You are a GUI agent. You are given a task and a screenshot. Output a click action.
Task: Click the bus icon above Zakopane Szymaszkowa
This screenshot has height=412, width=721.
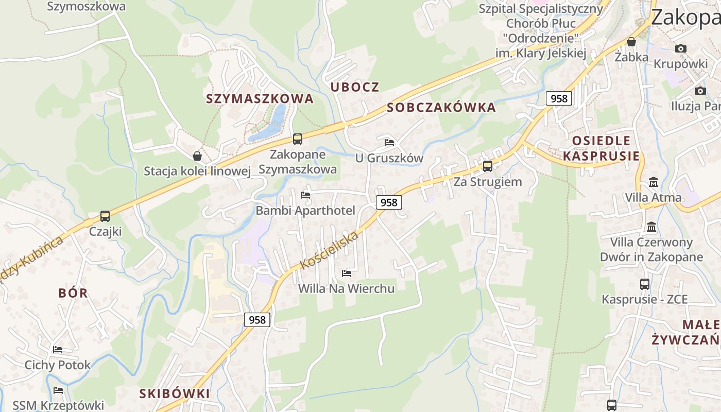click(x=297, y=139)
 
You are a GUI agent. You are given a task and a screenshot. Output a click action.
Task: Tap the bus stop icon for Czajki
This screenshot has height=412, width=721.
click(x=105, y=216)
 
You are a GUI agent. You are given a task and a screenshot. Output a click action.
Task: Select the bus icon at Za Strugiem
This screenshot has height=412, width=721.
click(x=487, y=166)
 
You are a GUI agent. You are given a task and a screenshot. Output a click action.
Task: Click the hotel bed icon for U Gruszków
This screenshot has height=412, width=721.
click(x=389, y=142)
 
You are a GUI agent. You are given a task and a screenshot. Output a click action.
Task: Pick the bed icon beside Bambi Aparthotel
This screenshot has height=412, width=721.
click(x=305, y=195)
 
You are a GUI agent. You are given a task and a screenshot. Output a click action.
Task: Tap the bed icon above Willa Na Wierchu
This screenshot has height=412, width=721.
click(x=347, y=273)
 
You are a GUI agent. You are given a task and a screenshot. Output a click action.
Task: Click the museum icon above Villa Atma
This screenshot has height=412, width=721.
click(x=654, y=182)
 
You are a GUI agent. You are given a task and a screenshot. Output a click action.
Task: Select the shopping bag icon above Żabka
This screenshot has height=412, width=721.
click(x=631, y=42)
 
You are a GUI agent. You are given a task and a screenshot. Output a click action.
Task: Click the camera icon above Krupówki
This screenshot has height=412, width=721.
click(x=681, y=48)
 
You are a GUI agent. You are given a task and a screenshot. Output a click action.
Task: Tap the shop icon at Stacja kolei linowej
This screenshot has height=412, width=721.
click(x=197, y=156)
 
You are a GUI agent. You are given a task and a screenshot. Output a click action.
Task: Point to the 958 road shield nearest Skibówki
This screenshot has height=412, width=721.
click(x=257, y=320)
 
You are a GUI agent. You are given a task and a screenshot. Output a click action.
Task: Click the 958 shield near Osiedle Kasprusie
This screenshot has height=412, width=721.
click(x=559, y=98)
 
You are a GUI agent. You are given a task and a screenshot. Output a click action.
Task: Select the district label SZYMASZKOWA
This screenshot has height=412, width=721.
click(x=260, y=98)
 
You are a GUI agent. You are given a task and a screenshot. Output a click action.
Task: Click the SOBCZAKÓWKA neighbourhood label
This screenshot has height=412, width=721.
click(x=441, y=107)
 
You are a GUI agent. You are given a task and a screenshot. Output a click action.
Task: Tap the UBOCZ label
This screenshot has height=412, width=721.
click(x=355, y=87)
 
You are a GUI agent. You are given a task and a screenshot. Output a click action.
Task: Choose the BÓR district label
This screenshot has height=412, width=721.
click(x=73, y=293)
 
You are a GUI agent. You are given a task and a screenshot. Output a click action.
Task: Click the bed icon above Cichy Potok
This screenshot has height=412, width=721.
click(x=58, y=349)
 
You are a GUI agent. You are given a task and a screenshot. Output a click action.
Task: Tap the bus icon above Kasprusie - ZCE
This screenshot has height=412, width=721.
click(x=644, y=284)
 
